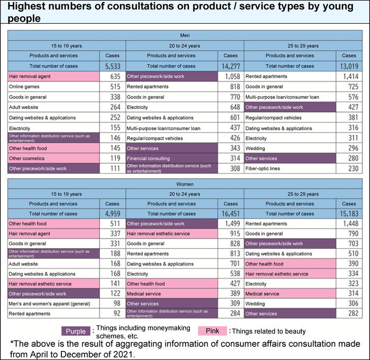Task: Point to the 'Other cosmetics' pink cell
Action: coord(26,158)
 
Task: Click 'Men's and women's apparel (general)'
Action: coord(49,304)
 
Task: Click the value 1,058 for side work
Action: coord(231,77)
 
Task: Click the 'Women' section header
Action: coord(184,184)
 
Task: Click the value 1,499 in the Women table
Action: coord(231,224)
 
